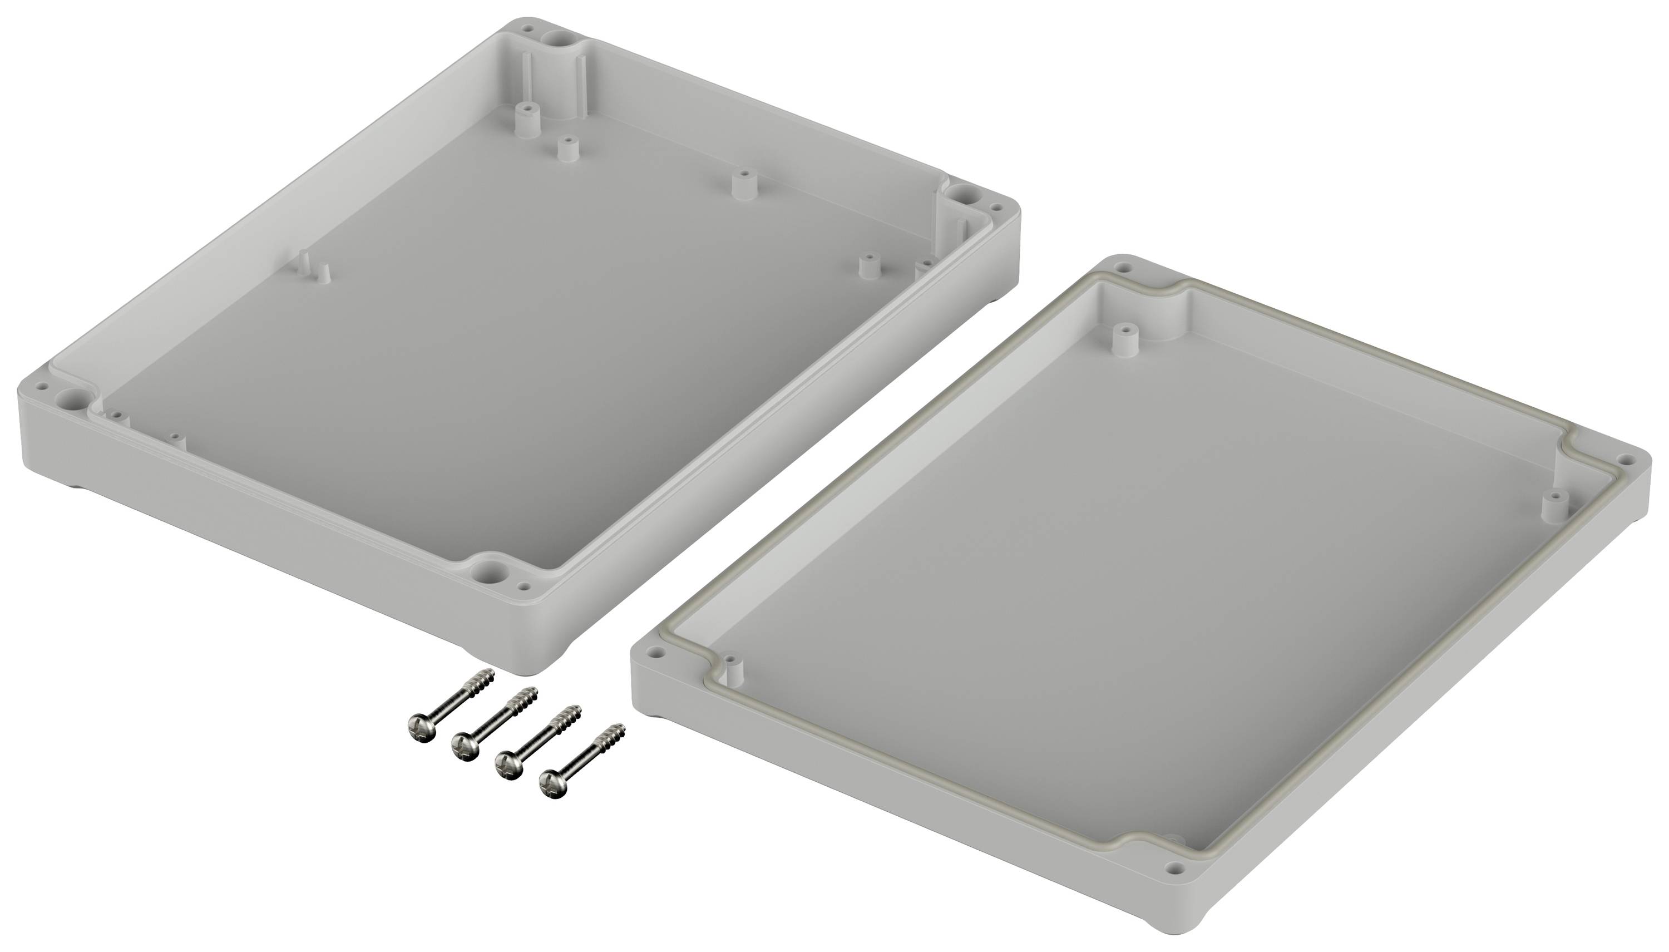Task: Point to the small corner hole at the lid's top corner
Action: click(1124, 268)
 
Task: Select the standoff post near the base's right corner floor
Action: click(867, 265)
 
